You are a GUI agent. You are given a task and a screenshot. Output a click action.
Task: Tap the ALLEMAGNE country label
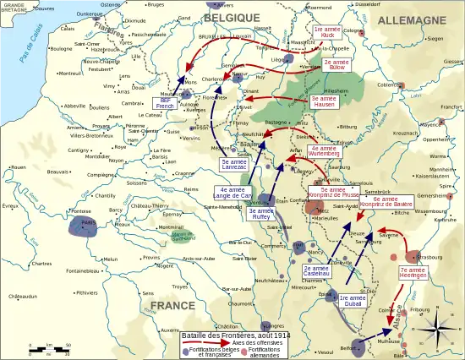pos(412,19)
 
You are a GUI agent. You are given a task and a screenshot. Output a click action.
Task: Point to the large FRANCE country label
pos(172,304)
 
